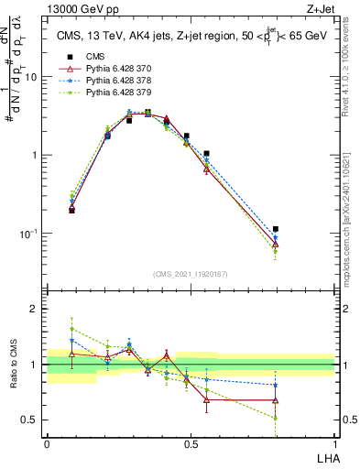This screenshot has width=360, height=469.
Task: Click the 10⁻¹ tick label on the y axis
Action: (27, 234)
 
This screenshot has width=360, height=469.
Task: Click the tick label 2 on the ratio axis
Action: (34, 309)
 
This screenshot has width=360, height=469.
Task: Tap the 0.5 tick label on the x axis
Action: (191, 444)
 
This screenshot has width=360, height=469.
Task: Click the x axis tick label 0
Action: (47, 444)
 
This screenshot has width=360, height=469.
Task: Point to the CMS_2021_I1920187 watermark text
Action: (190, 274)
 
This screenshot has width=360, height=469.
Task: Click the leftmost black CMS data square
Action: (71, 210)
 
